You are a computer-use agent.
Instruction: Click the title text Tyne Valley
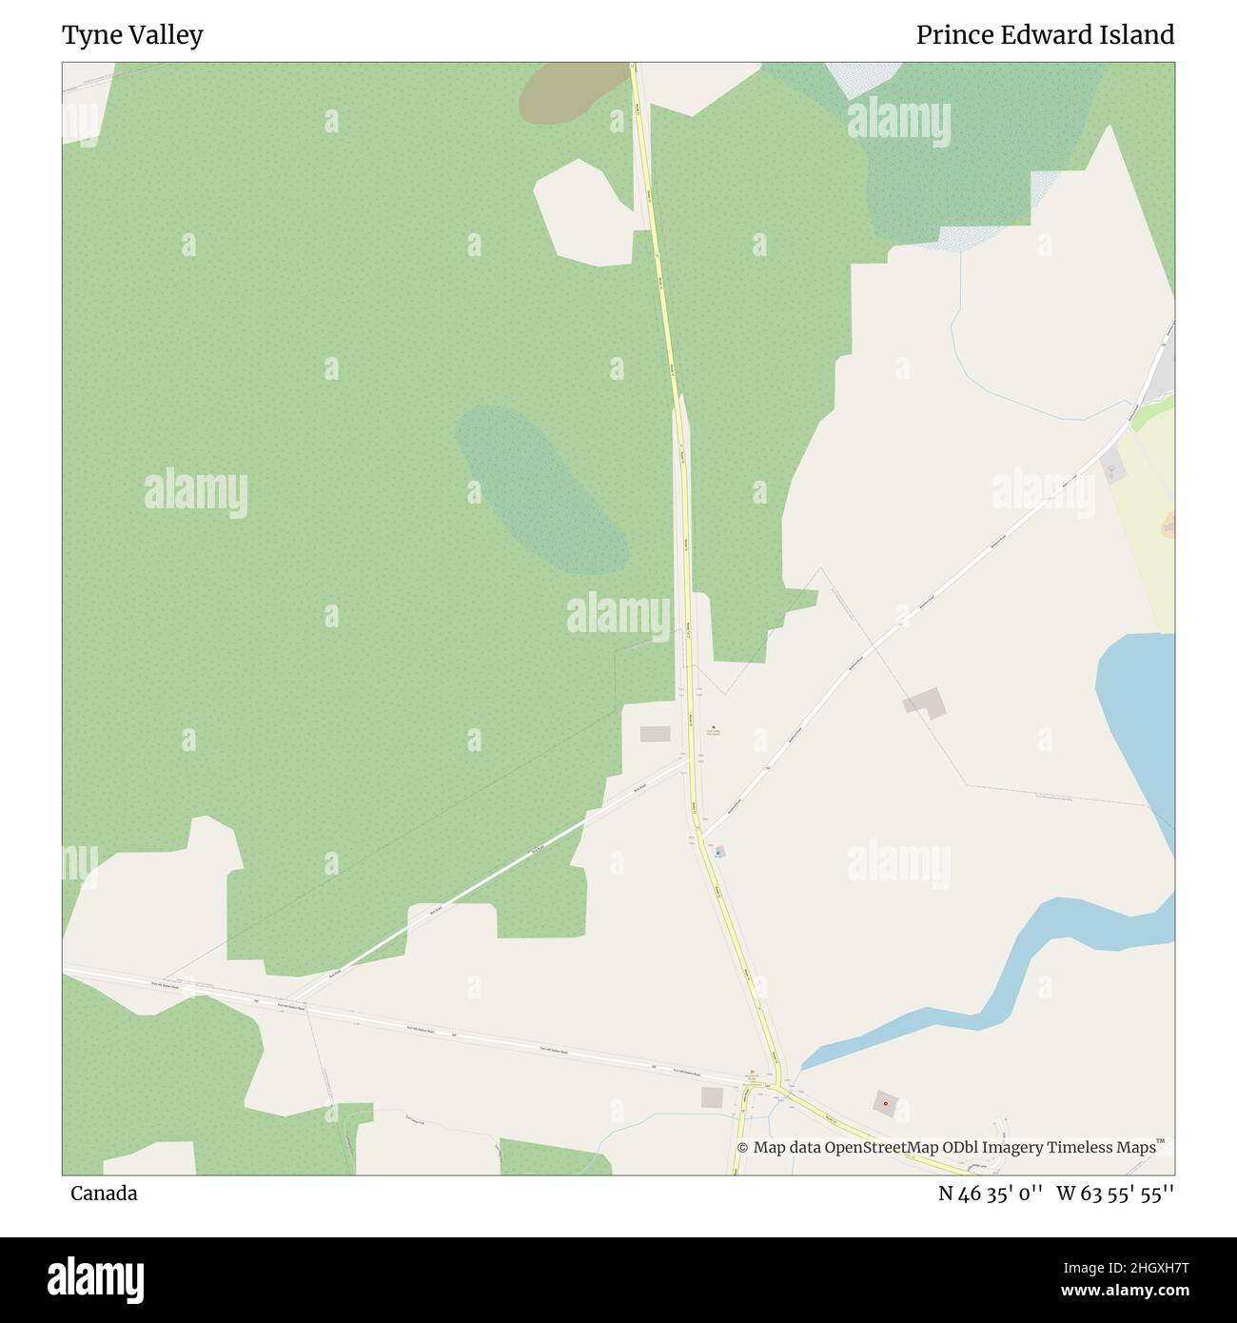pos(132,36)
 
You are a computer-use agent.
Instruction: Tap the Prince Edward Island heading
pos(1045,35)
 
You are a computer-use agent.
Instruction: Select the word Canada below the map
pos(104,1194)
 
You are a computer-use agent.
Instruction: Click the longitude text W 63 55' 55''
pos(1114,1194)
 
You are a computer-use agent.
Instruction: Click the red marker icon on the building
pos(886,1104)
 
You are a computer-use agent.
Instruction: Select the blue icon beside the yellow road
pos(718,853)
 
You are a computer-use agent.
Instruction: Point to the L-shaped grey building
pos(925,704)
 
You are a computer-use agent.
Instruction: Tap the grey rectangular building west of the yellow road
pos(655,734)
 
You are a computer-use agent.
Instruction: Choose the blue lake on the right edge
pos(1137,723)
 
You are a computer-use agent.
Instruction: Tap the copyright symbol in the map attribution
pos(743,1148)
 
